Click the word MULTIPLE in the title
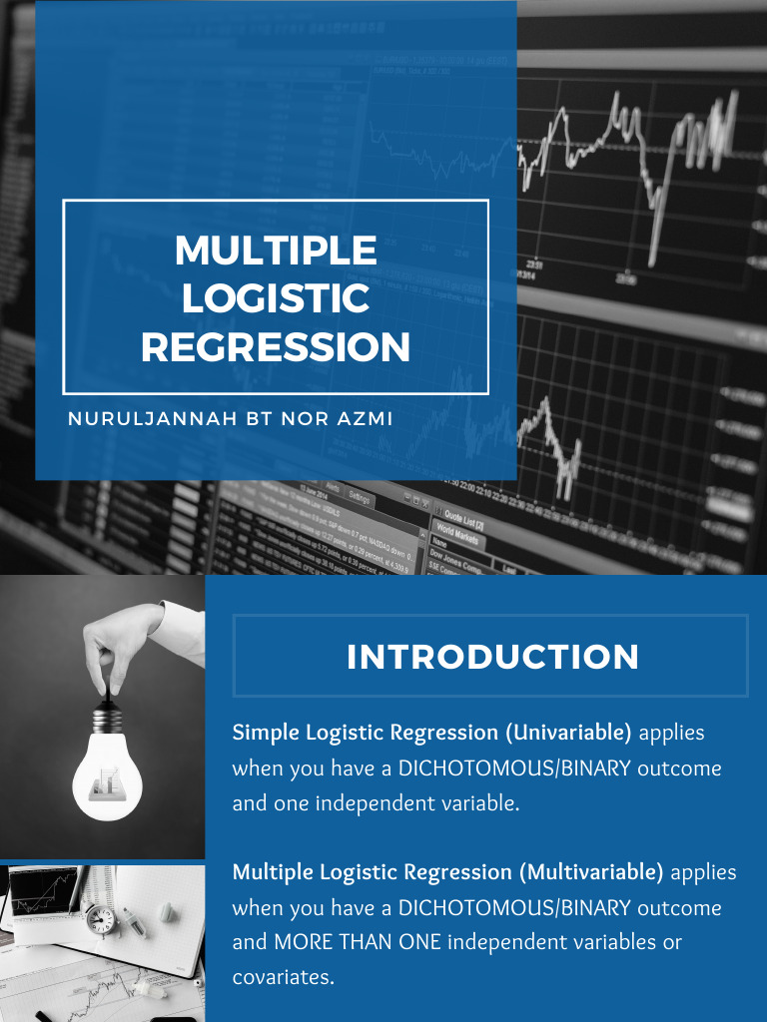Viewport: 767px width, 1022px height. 276,251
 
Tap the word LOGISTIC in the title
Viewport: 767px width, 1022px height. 276,298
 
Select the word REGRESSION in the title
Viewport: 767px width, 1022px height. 276,347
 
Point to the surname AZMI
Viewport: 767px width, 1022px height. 361,419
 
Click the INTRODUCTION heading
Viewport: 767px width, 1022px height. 492,657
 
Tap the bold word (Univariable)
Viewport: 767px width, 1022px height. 568,733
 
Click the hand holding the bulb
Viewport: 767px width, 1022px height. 130,638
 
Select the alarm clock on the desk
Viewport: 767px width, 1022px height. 101,919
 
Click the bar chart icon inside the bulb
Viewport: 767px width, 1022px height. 107,783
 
